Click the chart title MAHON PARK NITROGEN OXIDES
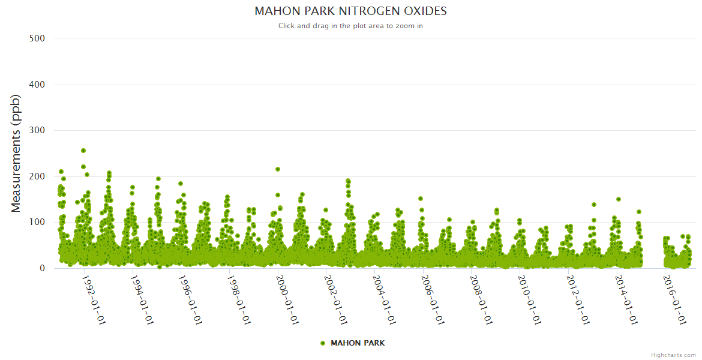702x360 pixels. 350,11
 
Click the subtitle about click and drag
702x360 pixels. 350,26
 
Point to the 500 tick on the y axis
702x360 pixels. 37,38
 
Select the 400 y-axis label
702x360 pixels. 37,85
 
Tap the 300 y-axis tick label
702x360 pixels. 37,131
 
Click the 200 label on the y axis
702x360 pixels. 37,176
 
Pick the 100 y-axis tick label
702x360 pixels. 37,223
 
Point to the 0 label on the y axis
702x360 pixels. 42,268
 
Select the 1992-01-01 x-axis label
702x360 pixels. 94,299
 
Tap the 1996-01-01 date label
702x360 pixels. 191,299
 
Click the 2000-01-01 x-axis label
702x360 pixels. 287,299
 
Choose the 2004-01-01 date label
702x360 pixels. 385,299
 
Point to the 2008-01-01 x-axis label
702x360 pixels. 481,299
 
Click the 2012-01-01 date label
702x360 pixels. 578,299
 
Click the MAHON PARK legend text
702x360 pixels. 358,343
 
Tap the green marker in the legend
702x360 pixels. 323,343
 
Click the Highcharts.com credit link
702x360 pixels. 673,355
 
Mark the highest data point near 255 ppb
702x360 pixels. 83,151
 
